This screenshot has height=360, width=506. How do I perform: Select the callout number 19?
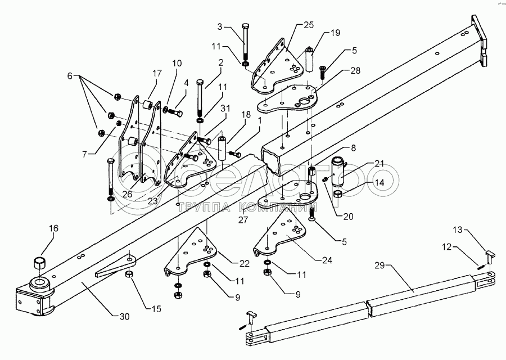[x=336, y=34]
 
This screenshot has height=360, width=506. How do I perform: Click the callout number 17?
[x=156, y=73]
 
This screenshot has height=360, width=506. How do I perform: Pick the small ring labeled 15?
[x=128, y=274]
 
